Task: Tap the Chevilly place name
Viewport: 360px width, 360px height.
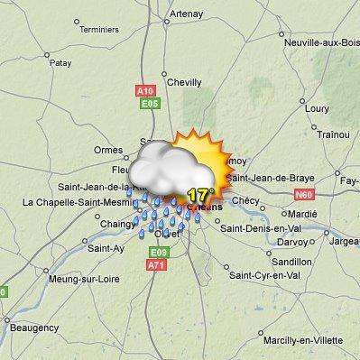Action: pyautogui.click(x=184, y=82)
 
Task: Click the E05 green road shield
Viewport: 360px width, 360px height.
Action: pyautogui.click(x=151, y=104)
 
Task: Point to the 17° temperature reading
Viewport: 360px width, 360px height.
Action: pyautogui.click(x=200, y=194)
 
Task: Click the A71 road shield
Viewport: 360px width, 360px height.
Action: pyautogui.click(x=158, y=265)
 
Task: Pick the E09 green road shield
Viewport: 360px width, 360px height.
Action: pyautogui.click(x=159, y=252)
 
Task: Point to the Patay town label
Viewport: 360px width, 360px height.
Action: pyautogui.click(x=60, y=63)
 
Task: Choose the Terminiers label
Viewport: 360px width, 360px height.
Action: pyautogui.click(x=99, y=29)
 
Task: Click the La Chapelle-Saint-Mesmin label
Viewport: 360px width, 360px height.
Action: pyautogui.click(x=69, y=202)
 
